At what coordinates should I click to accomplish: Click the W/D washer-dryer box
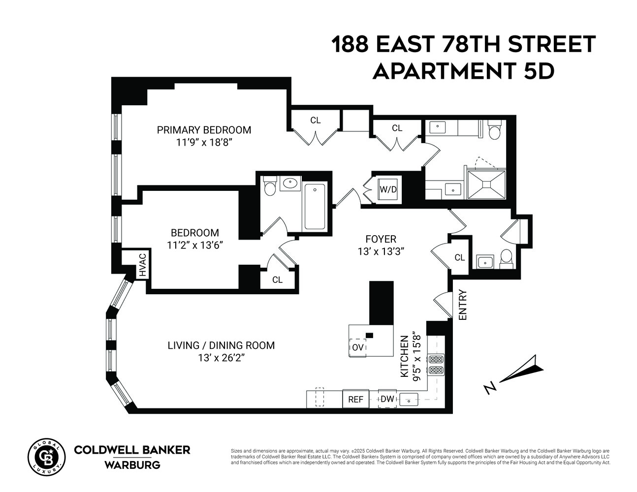click(x=387, y=189)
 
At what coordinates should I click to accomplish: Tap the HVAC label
click(x=142, y=265)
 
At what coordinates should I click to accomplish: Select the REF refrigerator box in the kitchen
click(x=355, y=399)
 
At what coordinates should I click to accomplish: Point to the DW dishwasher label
click(x=387, y=399)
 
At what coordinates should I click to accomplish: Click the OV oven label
click(x=358, y=347)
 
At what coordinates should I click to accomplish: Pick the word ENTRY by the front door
click(x=462, y=306)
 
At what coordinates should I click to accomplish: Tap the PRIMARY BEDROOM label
click(x=204, y=130)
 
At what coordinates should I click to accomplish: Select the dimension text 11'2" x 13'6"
click(x=194, y=245)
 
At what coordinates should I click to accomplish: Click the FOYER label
click(x=381, y=239)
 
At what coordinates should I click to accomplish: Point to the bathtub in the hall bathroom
click(x=314, y=206)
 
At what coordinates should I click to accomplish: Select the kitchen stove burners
click(x=436, y=365)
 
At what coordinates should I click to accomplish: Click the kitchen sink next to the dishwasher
click(x=409, y=399)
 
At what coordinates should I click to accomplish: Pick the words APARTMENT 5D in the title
click(x=463, y=71)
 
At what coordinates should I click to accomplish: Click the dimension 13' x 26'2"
click(x=221, y=358)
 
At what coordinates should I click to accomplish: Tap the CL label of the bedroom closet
click(x=278, y=279)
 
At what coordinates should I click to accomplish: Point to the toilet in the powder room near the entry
click(x=507, y=258)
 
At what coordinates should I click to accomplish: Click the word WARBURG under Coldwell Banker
click(x=132, y=465)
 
